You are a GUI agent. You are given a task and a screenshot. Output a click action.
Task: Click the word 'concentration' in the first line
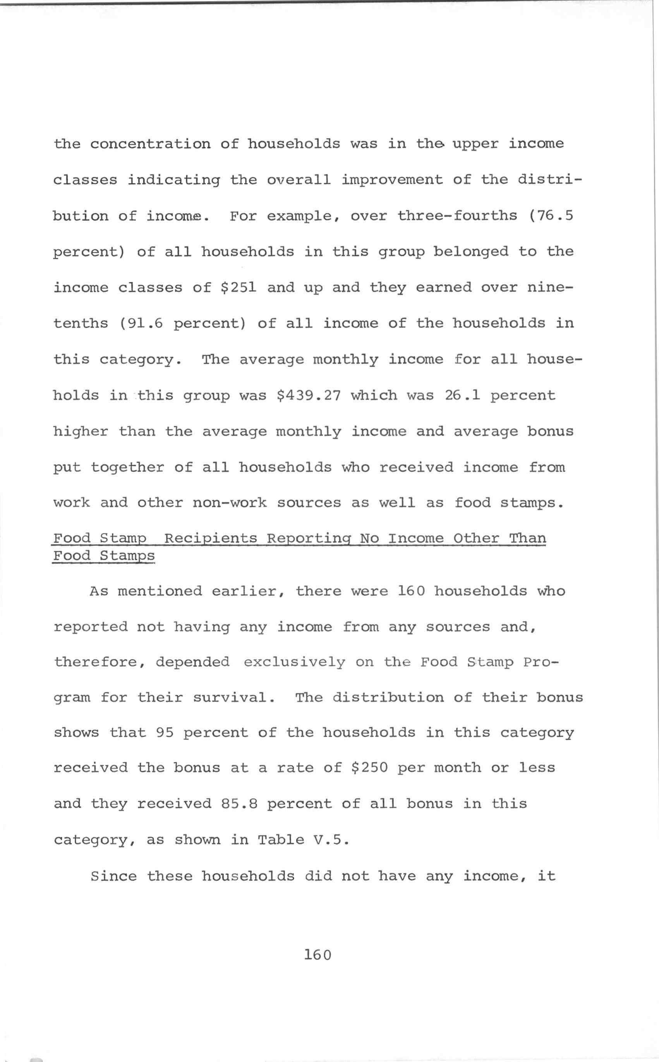[150, 144]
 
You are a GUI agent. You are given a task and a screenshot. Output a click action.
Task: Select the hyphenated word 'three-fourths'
[457, 216]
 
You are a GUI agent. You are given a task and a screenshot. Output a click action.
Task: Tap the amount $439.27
[309, 395]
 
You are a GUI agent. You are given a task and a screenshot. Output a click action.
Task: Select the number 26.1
[462, 395]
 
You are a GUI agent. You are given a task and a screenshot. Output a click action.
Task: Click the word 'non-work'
[229, 503]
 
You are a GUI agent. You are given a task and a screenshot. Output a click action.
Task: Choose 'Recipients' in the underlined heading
[211, 538]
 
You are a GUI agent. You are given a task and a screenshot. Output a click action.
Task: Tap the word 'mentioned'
[160, 591]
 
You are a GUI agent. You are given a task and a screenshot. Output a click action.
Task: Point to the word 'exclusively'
[294, 662]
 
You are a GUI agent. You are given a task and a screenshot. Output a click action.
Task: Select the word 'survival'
[234, 698]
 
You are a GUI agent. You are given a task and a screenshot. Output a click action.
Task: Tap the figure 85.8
[239, 804]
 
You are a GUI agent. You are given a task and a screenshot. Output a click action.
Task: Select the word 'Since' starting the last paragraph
[113, 876]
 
